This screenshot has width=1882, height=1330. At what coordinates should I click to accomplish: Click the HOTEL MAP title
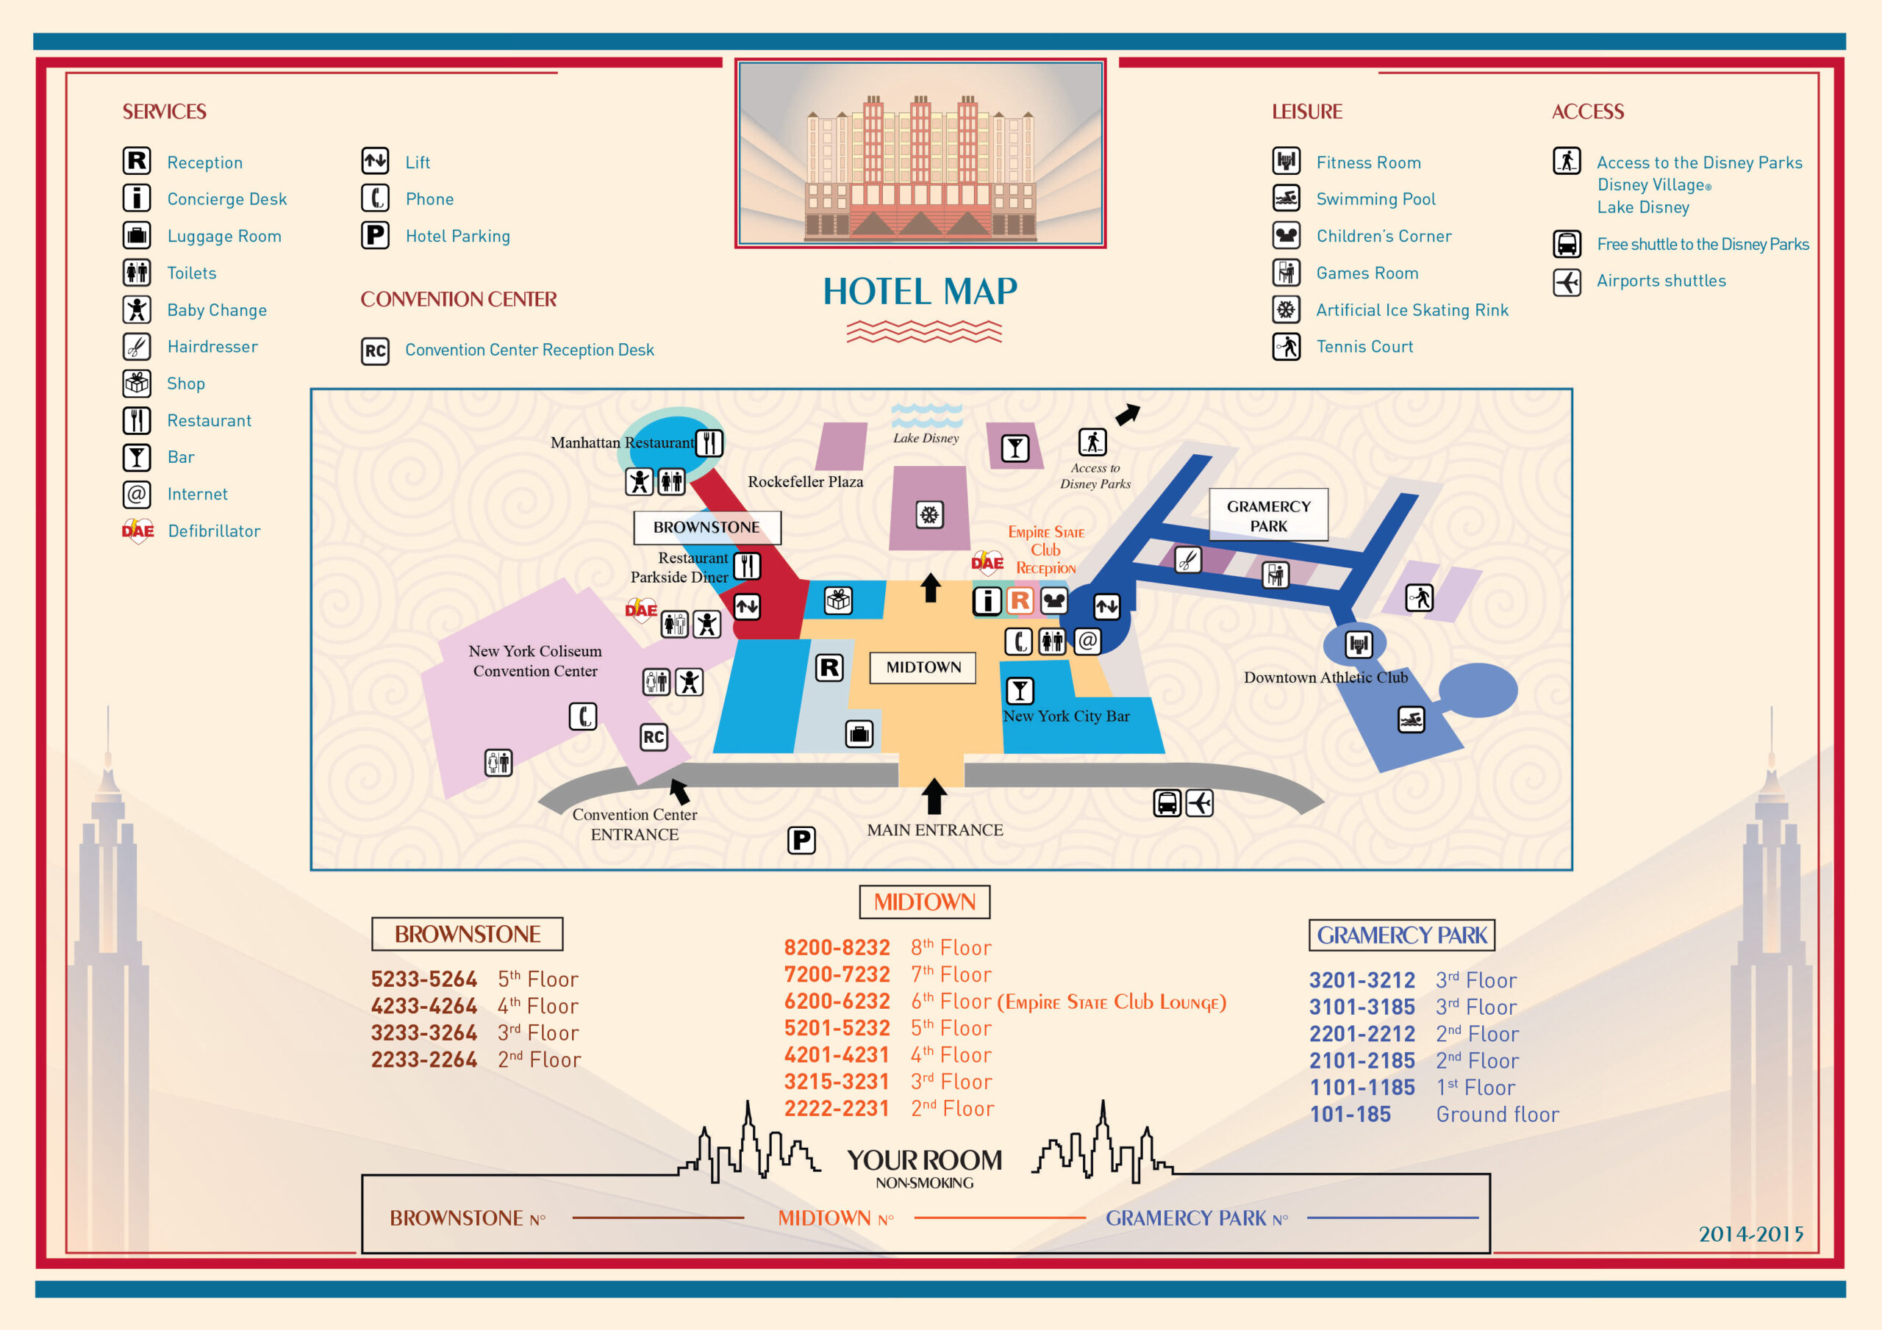click(x=920, y=292)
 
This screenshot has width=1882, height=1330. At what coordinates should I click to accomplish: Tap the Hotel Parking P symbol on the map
click(x=801, y=840)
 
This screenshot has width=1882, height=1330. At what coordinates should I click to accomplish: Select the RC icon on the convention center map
click(x=654, y=737)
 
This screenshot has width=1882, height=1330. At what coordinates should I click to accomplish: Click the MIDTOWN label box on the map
click(x=923, y=667)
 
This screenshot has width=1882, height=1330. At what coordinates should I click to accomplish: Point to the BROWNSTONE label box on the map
click(x=706, y=528)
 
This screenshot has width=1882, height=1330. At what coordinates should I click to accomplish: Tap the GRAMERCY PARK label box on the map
click(x=1268, y=515)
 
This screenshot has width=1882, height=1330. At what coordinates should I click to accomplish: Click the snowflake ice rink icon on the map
click(x=929, y=514)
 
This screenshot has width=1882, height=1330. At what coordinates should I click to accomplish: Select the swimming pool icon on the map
click(x=1411, y=719)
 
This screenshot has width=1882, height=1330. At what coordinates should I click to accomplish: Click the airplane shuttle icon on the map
click(x=1199, y=802)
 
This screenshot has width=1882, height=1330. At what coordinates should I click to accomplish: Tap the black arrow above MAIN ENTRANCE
click(x=934, y=796)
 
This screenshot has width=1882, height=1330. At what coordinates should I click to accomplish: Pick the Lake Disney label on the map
click(x=926, y=439)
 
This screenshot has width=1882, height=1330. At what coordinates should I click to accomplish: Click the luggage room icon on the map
click(x=859, y=733)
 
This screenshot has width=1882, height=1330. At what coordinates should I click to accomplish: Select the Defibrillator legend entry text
click(x=214, y=531)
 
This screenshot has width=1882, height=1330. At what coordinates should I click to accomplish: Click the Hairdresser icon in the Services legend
click(x=137, y=347)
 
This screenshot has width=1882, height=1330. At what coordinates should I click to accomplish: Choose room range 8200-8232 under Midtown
click(x=836, y=947)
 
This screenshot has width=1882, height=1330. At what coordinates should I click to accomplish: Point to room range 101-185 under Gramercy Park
click(x=1350, y=1115)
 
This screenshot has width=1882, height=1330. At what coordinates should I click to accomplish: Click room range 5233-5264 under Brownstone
click(x=423, y=979)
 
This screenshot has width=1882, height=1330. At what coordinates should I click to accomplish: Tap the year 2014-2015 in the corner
click(x=1751, y=1234)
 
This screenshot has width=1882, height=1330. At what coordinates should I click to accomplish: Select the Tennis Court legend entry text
click(x=1364, y=347)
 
